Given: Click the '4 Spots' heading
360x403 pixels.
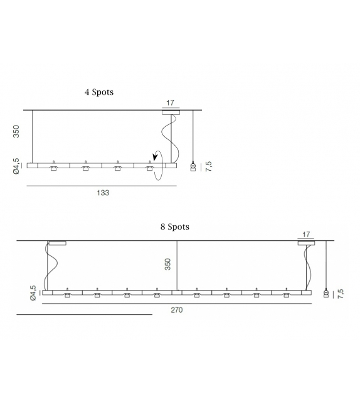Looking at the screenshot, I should [99, 92].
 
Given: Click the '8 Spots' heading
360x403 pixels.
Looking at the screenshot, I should [174, 227].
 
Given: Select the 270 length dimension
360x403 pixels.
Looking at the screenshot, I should [177, 309].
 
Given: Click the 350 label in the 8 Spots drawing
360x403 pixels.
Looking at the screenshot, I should [167, 264].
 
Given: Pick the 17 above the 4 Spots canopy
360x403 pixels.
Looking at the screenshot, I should [170, 102].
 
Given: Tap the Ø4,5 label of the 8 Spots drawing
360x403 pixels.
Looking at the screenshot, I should [33, 293].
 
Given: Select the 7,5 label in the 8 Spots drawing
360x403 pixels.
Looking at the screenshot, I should [340, 293].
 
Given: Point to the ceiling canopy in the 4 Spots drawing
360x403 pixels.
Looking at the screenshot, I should [170, 112].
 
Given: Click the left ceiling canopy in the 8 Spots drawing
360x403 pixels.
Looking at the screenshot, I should [58, 243].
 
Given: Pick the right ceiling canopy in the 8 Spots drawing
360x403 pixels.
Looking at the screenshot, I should [306, 243].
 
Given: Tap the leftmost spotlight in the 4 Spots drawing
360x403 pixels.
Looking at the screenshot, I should [54, 168].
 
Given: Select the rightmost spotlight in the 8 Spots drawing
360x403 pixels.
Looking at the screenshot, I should [287, 294].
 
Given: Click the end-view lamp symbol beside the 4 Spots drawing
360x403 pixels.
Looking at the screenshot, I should [193, 166].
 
